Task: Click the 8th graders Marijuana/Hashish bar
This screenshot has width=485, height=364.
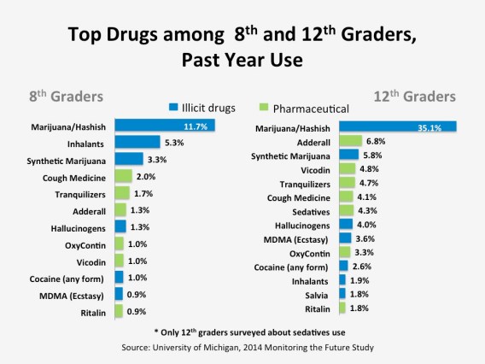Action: (x=162, y=126)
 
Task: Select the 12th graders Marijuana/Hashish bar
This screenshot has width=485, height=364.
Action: (x=397, y=126)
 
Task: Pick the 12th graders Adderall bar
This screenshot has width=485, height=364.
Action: (x=350, y=141)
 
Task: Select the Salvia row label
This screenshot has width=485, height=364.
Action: (x=312, y=293)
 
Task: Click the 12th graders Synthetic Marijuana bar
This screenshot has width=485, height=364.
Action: (x=348, y=155)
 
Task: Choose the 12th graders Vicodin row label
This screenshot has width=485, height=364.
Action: (x=309, y=169)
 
